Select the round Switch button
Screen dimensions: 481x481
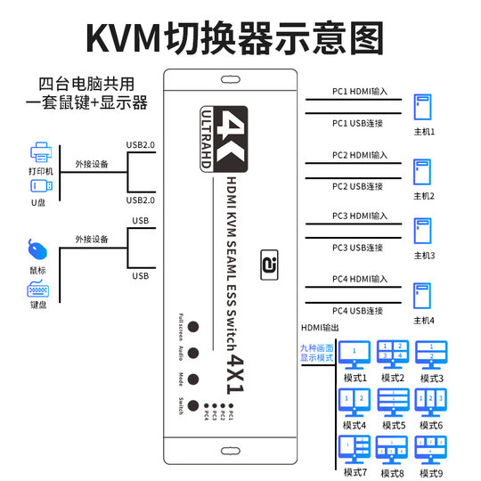coord(192,407)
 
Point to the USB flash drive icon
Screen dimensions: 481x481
coord(41,186)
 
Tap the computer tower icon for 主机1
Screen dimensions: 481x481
coord(421,109)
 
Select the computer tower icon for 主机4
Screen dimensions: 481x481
coord(421,298)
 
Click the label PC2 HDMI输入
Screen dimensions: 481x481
coord(359,155)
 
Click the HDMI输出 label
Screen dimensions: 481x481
coord(321,329)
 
